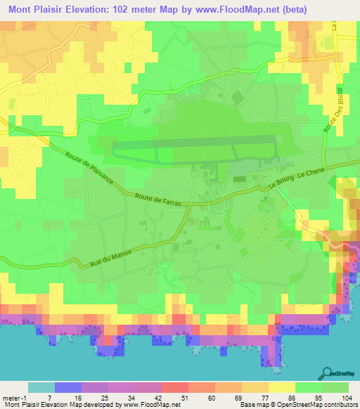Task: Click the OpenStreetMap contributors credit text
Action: click(x=298, y=405)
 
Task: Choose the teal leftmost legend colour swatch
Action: click(x=41, y=387)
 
